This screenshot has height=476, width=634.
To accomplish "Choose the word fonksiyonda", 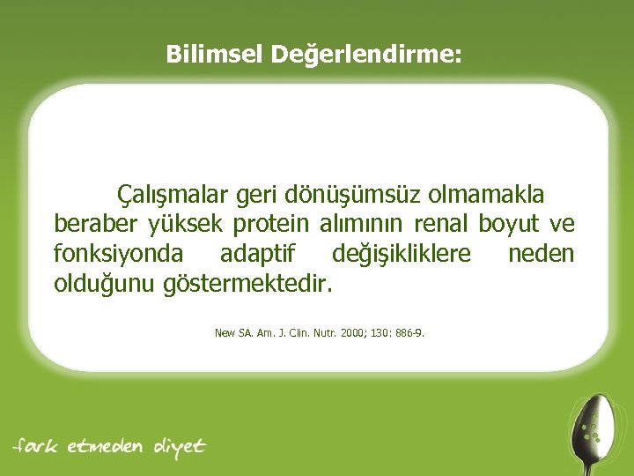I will (x=119, y=255).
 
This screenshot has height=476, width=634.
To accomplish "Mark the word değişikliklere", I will (x=401, y=255).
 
